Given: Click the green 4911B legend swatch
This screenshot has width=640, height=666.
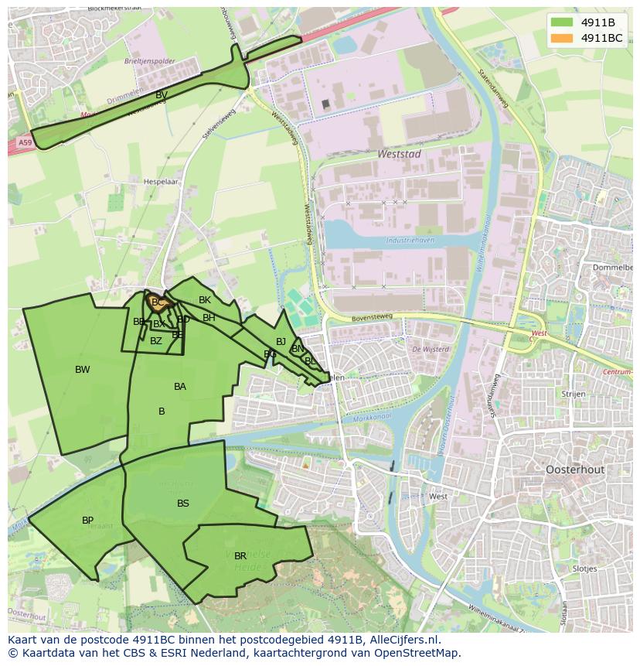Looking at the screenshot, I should click(563, 22).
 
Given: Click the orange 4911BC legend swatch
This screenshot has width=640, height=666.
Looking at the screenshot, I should click(563, 38).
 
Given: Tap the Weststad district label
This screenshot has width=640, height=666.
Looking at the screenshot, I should click(400, 154).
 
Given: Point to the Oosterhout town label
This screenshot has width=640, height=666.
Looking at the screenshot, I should click(574, 470).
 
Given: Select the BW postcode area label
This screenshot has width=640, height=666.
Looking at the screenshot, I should click(83, 370).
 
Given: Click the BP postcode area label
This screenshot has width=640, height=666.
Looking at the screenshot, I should click(88, 521).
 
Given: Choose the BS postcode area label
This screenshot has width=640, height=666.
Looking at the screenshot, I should click(183, 504).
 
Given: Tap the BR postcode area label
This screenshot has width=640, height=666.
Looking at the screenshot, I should click(240, 556).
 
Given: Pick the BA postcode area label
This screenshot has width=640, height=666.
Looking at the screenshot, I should click(180, 387).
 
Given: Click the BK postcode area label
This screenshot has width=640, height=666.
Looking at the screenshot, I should click(205, 300).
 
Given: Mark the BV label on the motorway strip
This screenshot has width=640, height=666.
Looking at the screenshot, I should click(162, 95).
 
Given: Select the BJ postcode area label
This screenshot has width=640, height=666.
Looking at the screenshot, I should click(281, 342).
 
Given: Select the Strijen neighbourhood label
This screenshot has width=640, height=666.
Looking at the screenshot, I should click(574, 394).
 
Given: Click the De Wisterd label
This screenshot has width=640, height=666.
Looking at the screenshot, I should click(431, 349).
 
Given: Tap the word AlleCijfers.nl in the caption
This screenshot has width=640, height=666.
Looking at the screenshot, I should click(403, 640).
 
